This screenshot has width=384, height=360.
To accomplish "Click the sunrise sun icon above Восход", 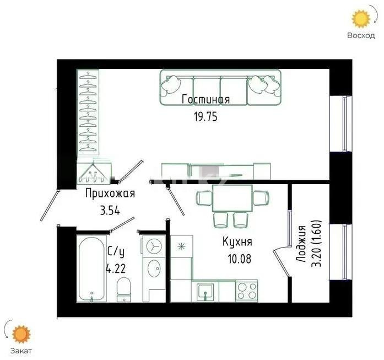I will [x=361, y=19].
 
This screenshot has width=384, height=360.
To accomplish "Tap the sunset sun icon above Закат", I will [x=23, y=334].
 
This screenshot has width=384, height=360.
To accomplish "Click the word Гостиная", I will [x=205, y=99].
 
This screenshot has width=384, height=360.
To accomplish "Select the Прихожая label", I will [x=110, y=194].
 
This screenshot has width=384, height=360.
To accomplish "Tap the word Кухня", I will [x=237, y=241].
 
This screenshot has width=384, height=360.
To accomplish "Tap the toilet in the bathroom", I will [x=124, y=289].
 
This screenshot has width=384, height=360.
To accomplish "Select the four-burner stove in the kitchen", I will [x=246, y=290].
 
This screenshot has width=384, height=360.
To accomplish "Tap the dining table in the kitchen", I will [x=232, y=198].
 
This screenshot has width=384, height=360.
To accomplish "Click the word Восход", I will [x=361, y=36].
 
